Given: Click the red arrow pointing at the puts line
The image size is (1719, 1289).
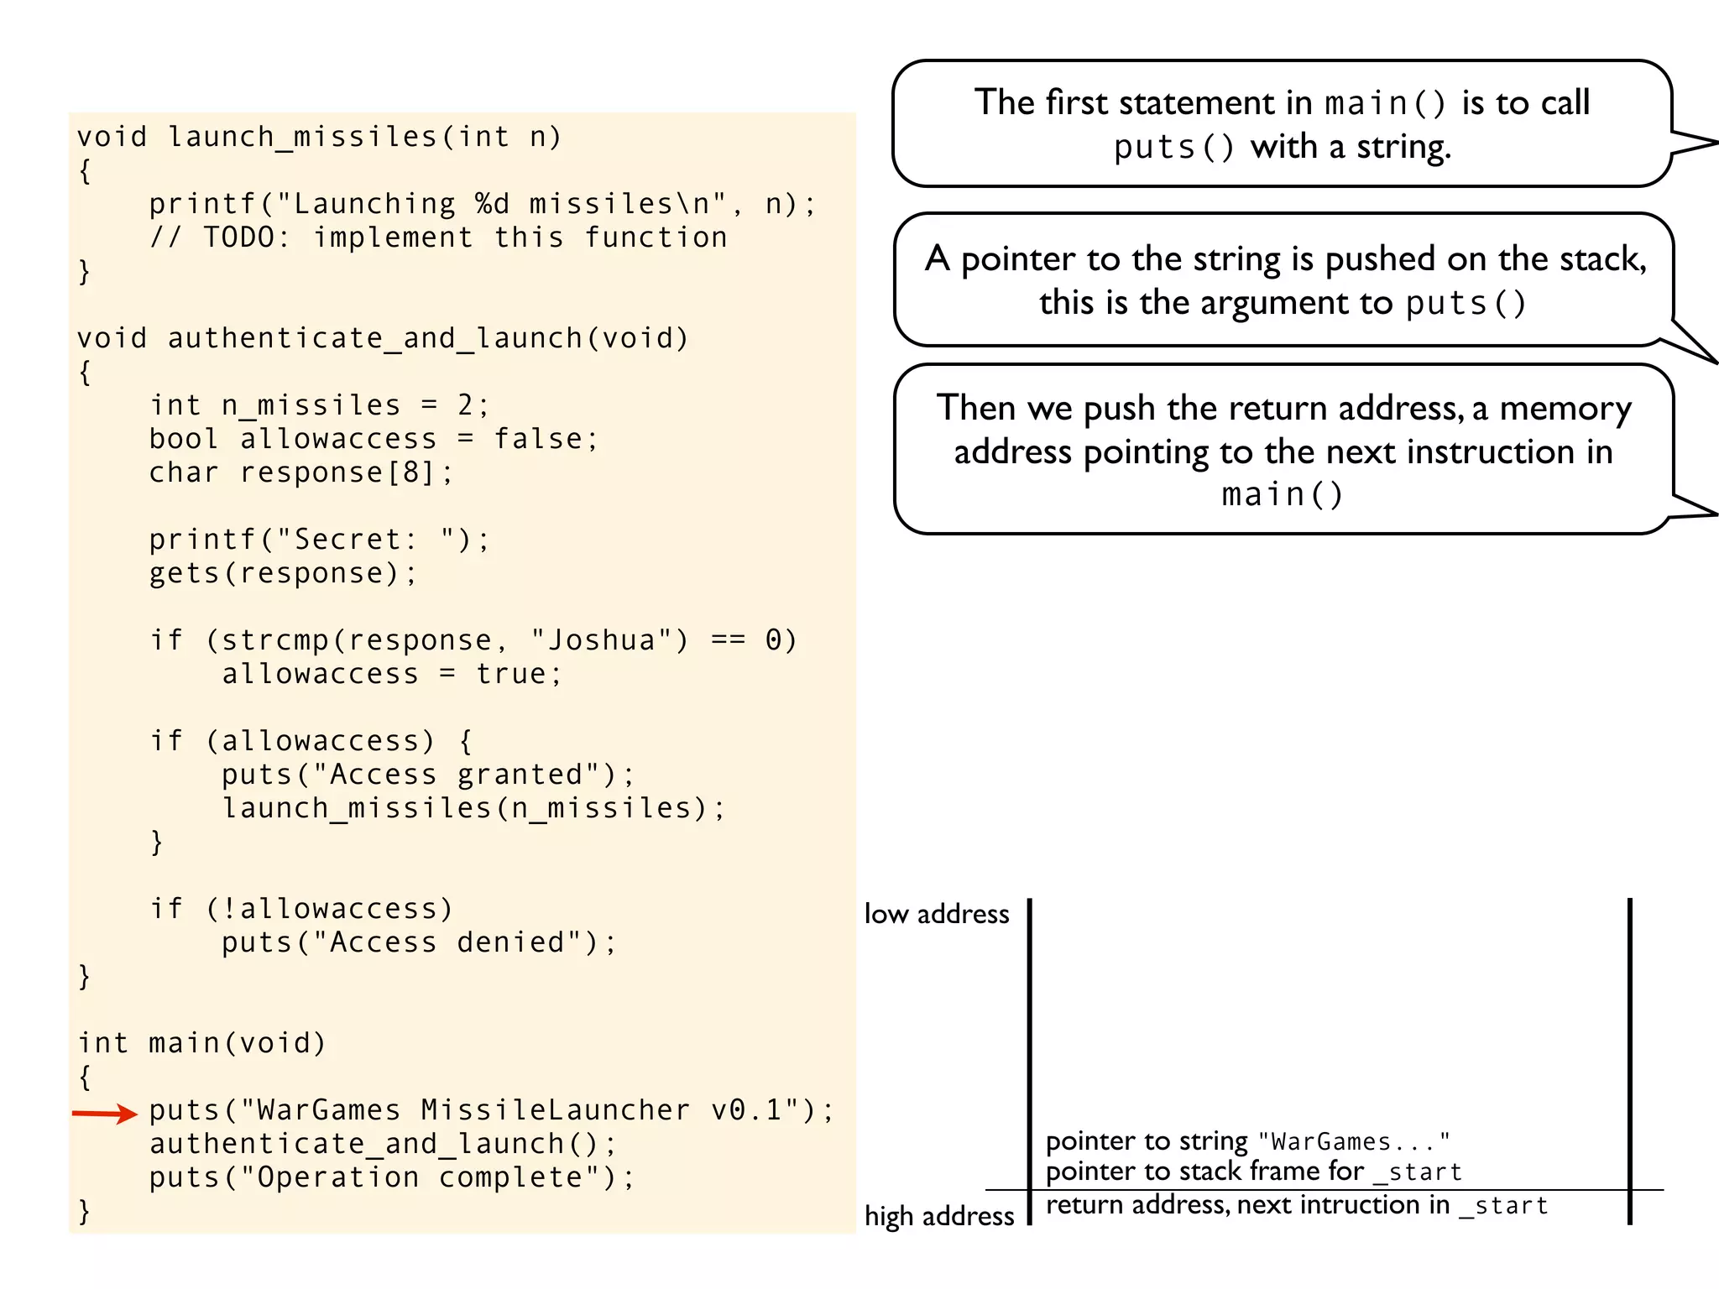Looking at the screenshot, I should coord(105,1114).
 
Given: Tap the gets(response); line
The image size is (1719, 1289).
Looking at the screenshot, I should coord(283,573).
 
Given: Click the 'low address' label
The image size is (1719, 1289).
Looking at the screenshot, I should coord(937,914).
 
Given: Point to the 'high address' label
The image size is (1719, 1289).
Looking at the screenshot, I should coord(939,1216).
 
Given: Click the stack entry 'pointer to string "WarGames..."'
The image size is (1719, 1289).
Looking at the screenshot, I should coord(1247,1141).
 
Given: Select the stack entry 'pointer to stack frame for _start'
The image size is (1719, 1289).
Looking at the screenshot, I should coord(1253,1172).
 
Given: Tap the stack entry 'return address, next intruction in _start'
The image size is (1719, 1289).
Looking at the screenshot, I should coord(1297,1205).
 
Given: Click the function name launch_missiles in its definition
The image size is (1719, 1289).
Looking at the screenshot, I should coord(302,137).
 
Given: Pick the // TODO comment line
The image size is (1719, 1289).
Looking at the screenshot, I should coord(438,237).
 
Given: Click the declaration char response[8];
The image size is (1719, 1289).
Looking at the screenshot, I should coord(301,472).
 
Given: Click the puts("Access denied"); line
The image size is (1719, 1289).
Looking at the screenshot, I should coord(419,942).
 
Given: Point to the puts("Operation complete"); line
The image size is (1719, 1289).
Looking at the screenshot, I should coord(392,1177).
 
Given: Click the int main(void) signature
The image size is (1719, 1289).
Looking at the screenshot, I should coord(201,1043).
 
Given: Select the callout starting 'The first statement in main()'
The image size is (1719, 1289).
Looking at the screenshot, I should coord(1282,124).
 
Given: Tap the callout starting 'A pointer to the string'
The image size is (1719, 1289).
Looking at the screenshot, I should coord(1283,280).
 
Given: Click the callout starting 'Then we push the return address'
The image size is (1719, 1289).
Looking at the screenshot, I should coord(1283,450).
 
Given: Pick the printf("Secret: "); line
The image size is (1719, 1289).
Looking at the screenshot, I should coord(319,540).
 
